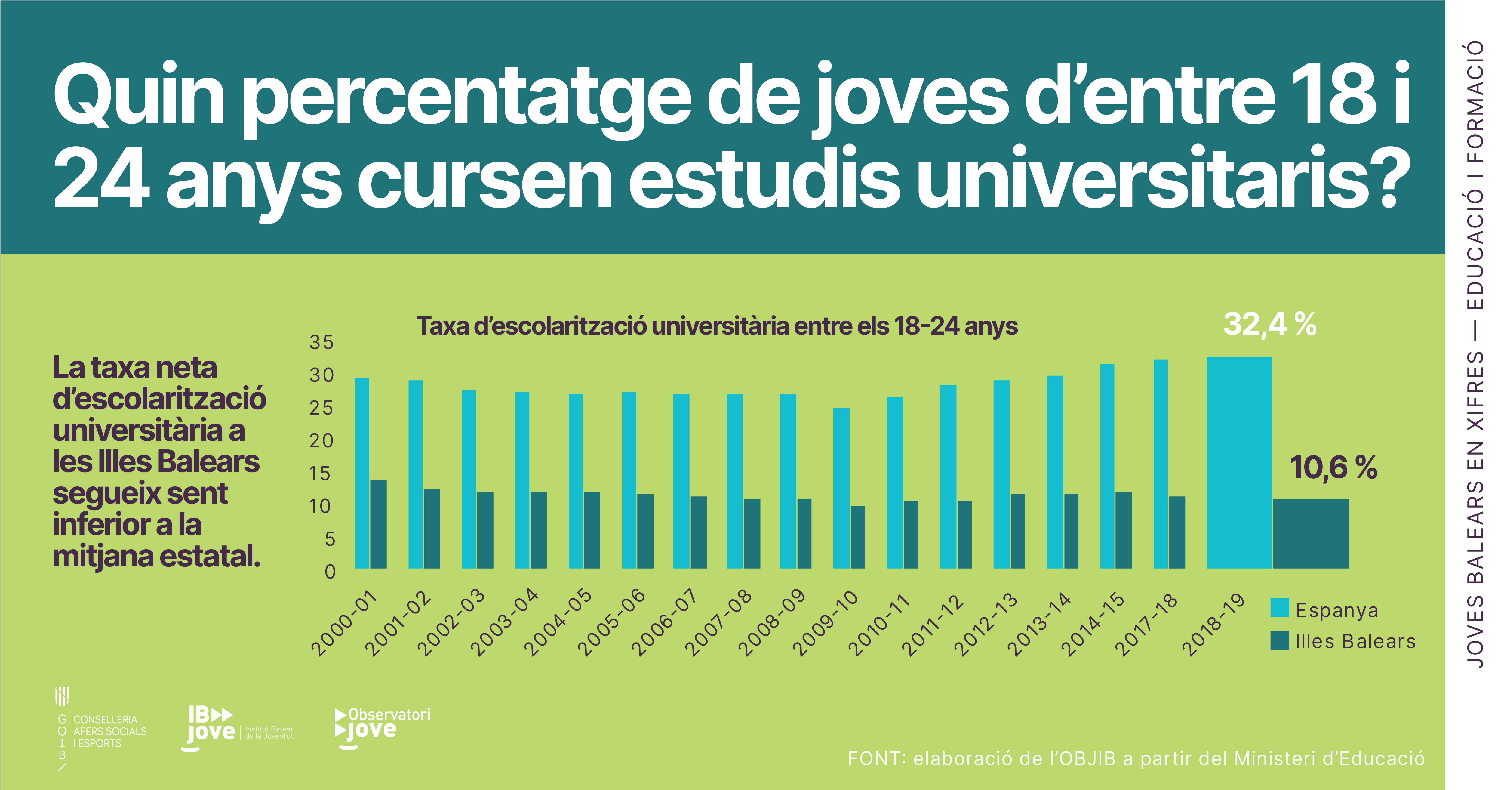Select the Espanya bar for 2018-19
(1239, 462)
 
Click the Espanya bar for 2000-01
(362, 473)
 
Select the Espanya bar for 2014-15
(1107, 466)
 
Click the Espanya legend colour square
(1279, 608)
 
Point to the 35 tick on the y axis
(322, 342)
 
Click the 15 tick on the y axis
(321, 474)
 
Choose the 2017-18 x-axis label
(1146, 624)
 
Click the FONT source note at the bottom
(1136, 758)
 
